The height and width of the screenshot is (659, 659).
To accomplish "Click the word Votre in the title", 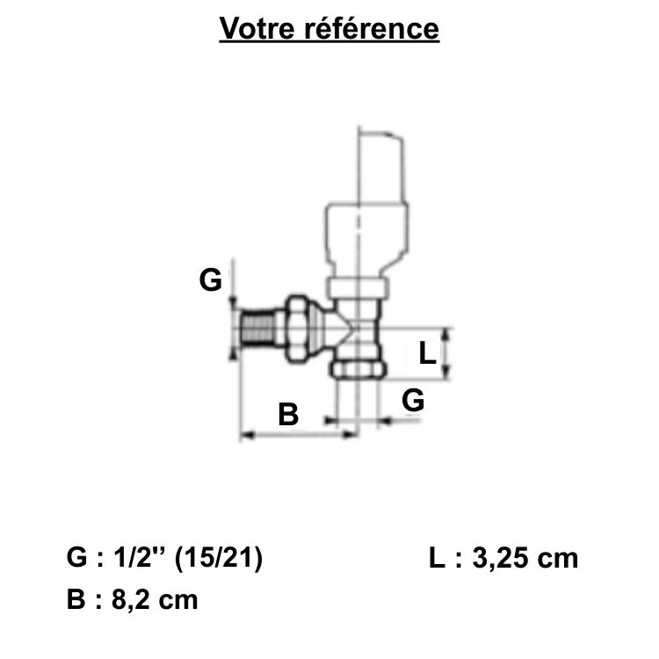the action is pyautogui.click(x=257, y=29).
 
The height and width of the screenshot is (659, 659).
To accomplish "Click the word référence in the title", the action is pyautogui.click(x=372, y=29).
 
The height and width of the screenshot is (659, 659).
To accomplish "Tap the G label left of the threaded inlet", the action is pyautogui.click(x=211, y=280).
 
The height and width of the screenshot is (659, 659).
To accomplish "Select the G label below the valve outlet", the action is pyautogui.click(x=413, y=400).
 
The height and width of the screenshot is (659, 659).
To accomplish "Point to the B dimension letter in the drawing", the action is pyautogui.click(x=288, y=415).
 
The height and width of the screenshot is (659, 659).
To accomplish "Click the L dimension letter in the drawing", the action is pyautogui.click(x=427, y=352).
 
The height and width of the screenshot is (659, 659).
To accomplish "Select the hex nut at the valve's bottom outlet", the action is pyautogui.click(x=358, y=368).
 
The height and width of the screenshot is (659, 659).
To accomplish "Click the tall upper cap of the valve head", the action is pyautogui.click(x=381, y=168).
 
